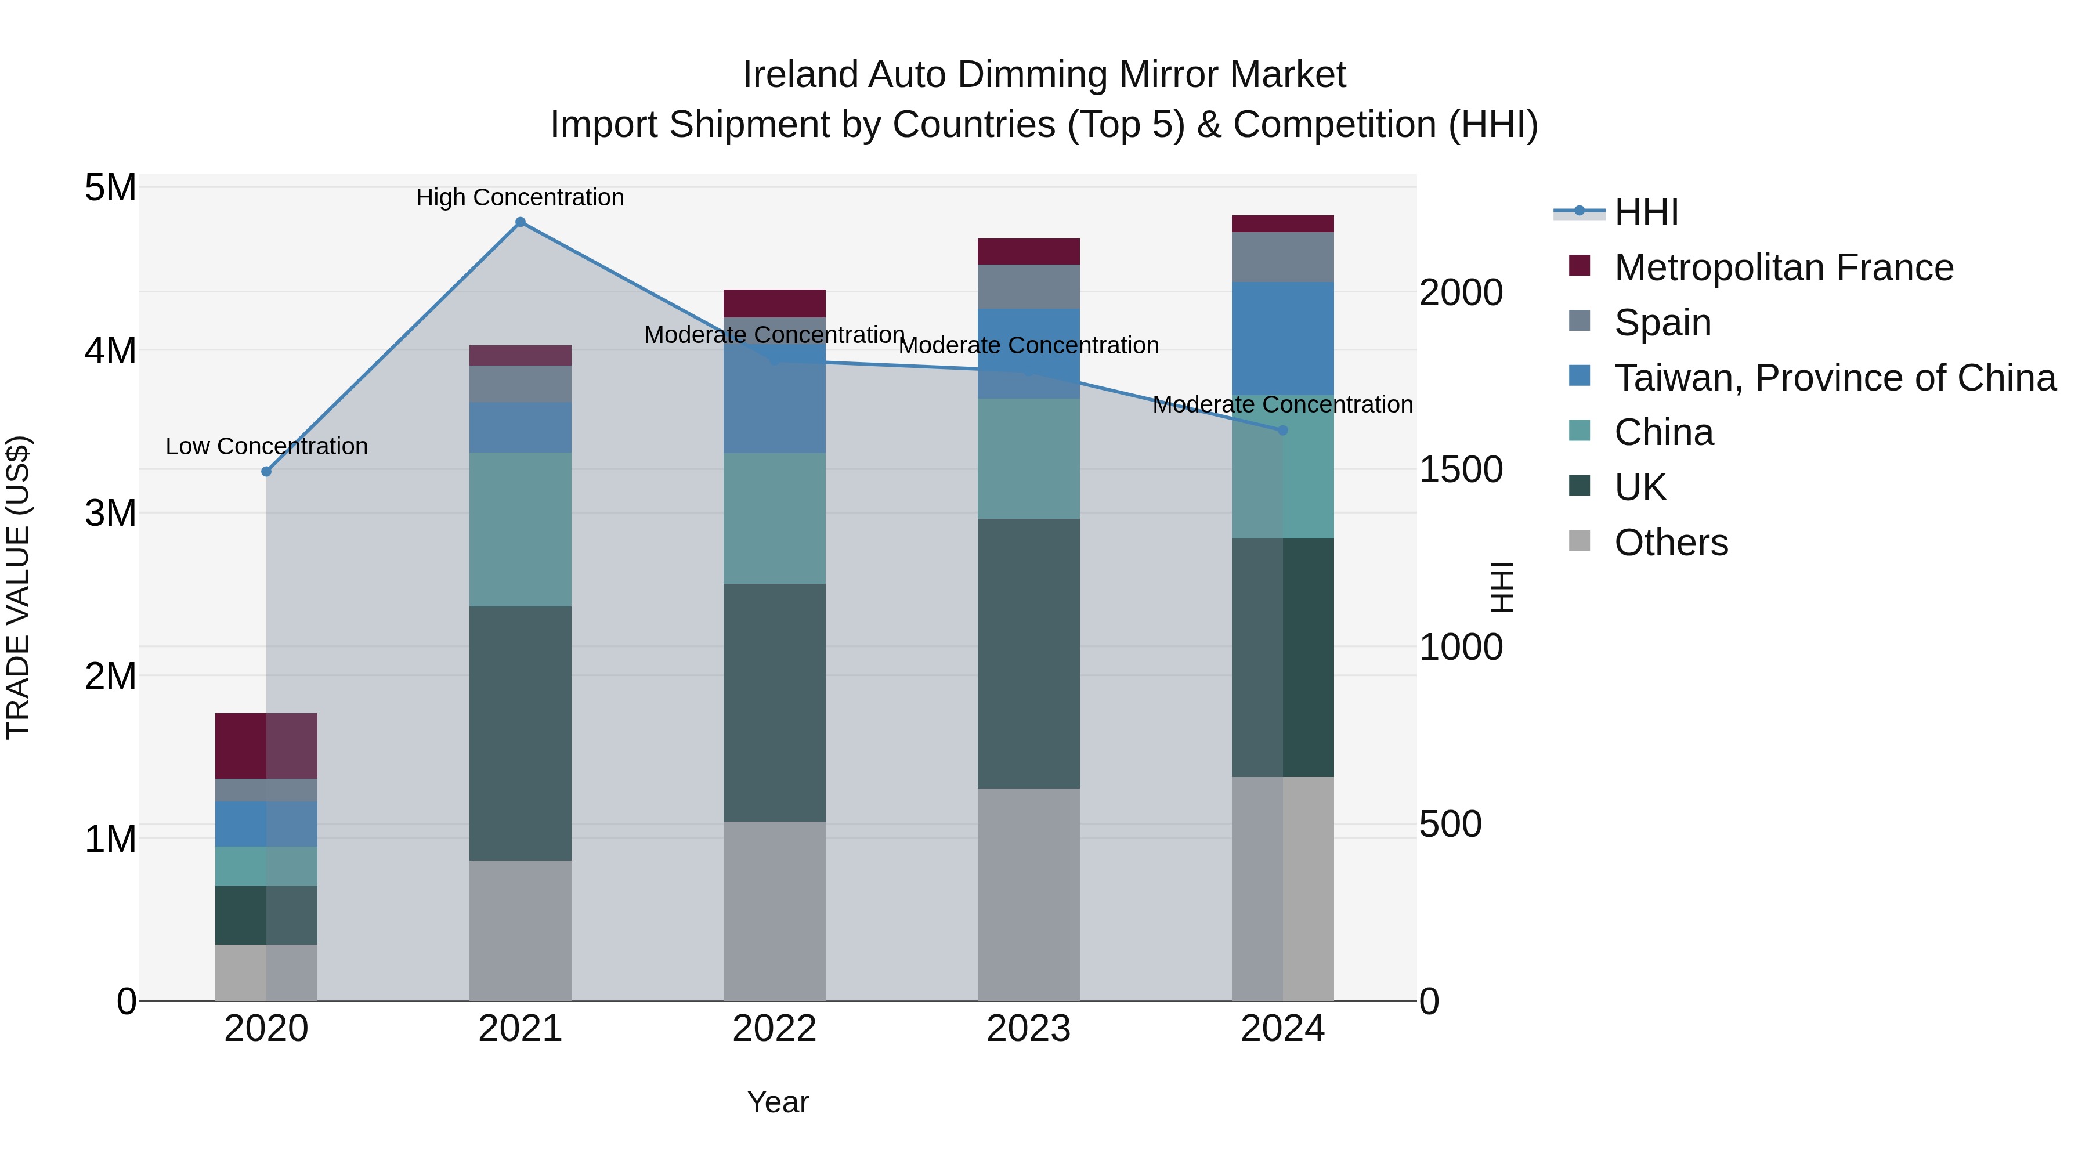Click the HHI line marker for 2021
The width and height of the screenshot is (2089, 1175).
tap(521, 222)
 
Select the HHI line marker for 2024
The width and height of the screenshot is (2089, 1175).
tap(1283, 431)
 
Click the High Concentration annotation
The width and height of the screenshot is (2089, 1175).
tap(520, 197)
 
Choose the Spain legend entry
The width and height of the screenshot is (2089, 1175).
tap(1662, 322)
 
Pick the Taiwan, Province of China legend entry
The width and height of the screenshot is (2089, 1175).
tap(1834, 377)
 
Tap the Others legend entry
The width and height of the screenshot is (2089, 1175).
tap(1671, 543)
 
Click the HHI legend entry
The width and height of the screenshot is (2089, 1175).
tap(1646, 212)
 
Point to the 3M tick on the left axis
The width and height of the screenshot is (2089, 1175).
tap(110, 512)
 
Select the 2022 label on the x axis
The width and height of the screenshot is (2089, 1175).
tap(775, 1029)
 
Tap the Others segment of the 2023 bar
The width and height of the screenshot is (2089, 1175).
tap(1028, 894)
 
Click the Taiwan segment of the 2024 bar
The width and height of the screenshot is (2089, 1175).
tap(1283, 338)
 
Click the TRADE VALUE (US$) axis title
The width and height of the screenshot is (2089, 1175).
tap(18, 587)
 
